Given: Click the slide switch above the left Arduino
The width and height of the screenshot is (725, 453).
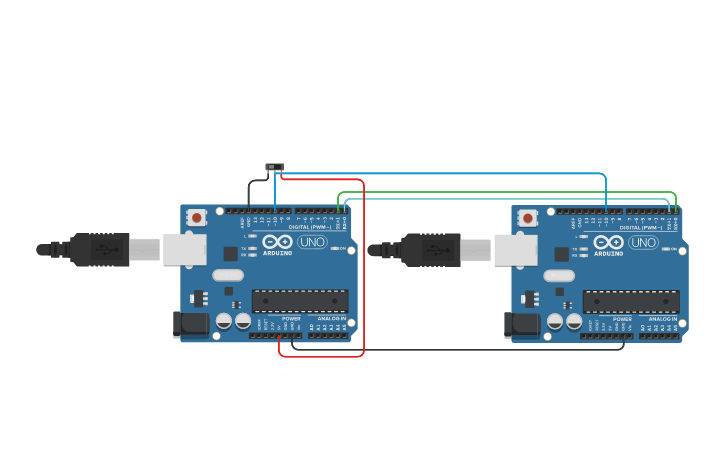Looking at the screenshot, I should (x=274, y=167).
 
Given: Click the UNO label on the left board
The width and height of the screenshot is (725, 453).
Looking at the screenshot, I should (x=312, y=242).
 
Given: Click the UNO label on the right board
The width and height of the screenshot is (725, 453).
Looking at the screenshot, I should (x=643, y=242).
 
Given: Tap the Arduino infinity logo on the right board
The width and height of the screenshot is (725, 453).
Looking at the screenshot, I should (x=608, y=242).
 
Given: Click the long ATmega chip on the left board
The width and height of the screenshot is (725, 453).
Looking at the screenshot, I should (x=300, y=300).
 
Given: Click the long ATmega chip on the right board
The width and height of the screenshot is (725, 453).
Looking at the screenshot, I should (x=631, y=300).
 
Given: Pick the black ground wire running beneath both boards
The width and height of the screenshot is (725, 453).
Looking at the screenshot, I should (x=460, y=350).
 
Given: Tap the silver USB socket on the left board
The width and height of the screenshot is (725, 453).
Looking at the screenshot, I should (x=184, y=249).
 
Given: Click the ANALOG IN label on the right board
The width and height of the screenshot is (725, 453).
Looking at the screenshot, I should (x=662, y=319).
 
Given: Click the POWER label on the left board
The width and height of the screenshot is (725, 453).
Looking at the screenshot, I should (x=291, y=319).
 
